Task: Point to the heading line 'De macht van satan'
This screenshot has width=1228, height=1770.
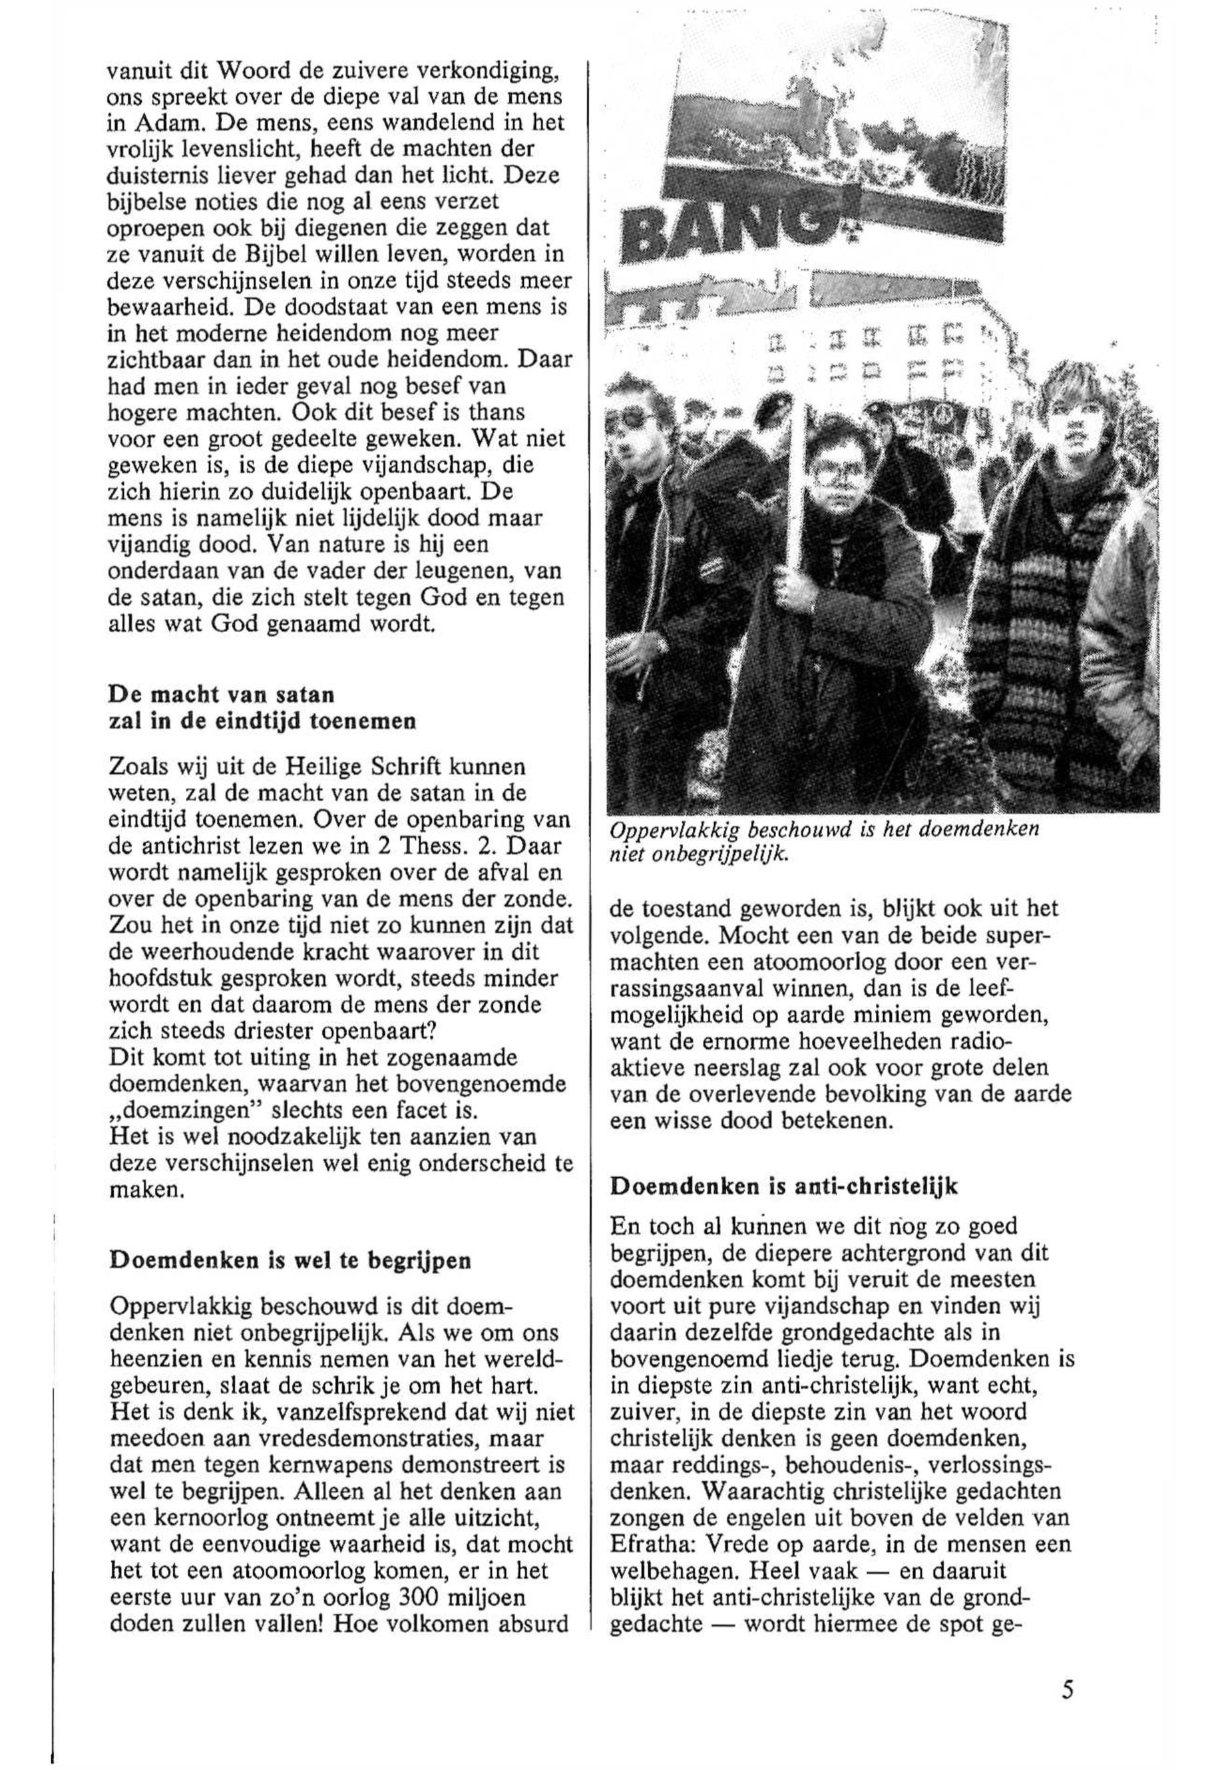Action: click(222, 695)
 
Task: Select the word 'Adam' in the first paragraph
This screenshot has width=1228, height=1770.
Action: click(148, 122)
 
